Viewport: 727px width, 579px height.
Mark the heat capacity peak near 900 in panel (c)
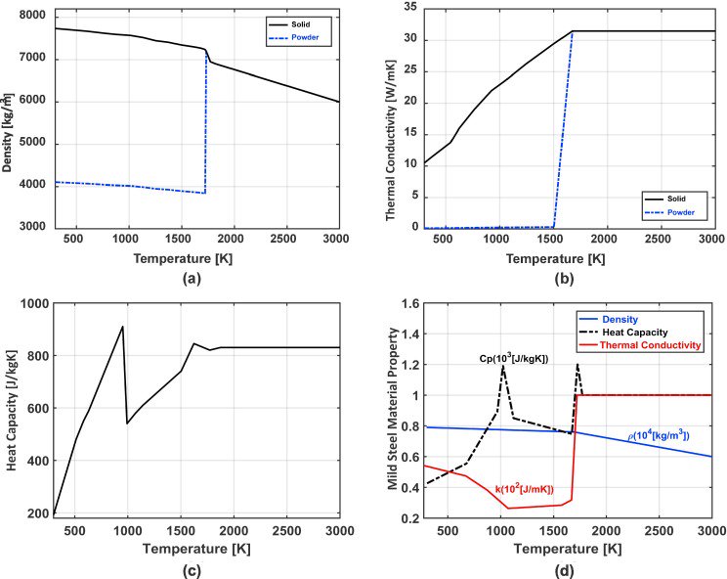(122, 327)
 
